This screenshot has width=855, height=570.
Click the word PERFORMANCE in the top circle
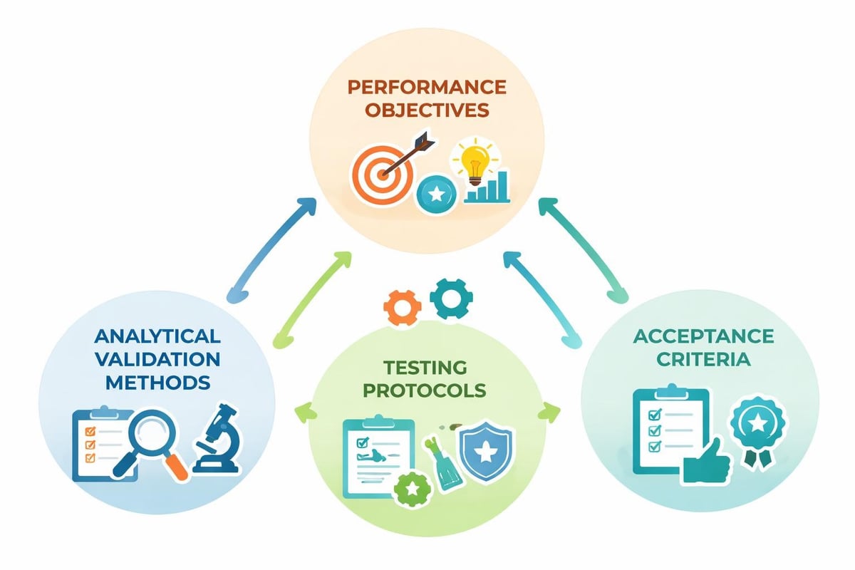pyautogui.click(x=427, y=88)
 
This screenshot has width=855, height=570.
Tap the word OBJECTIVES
pyautogui.click(x=427, y=111)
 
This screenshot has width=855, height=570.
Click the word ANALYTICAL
pyautogui.click(x=157, y=335)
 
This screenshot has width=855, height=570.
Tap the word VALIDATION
pyautogui.click(x=157, y=358)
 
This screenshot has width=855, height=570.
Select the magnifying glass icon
pyautogui.click(x=154, y=442)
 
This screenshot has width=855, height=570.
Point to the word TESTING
pyautogui.click(x=425, y=368)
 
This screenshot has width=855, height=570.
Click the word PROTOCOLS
pyautogui.click(x=425, y=390)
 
